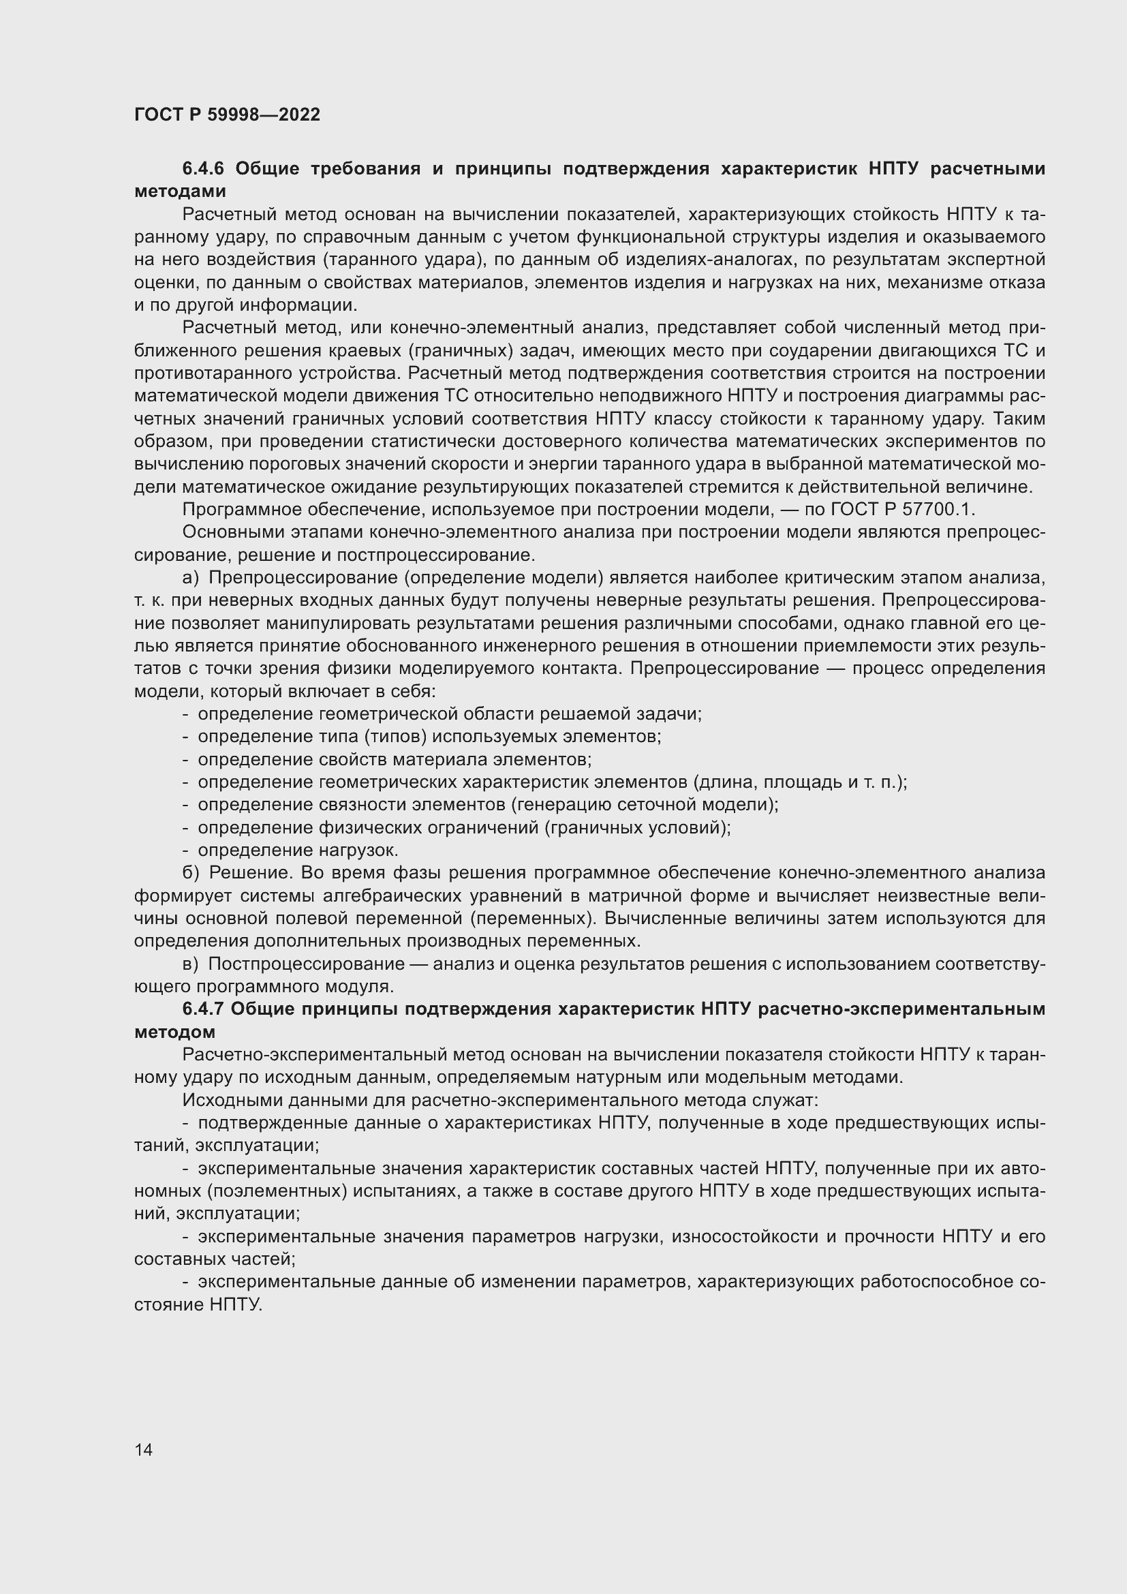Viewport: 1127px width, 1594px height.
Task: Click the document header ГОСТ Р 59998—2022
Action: (x=227, y=114)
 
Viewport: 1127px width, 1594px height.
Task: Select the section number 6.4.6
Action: (x=204, y=169)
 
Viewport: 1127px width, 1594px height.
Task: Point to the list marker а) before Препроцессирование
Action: (x=190, y=577)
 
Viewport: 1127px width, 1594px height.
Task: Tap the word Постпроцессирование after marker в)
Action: (x=306, y=964)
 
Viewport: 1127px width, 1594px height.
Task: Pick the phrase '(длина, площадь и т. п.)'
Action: (x=799, y=782)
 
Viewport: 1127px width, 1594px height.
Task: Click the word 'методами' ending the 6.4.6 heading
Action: (x=180, y=191)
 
